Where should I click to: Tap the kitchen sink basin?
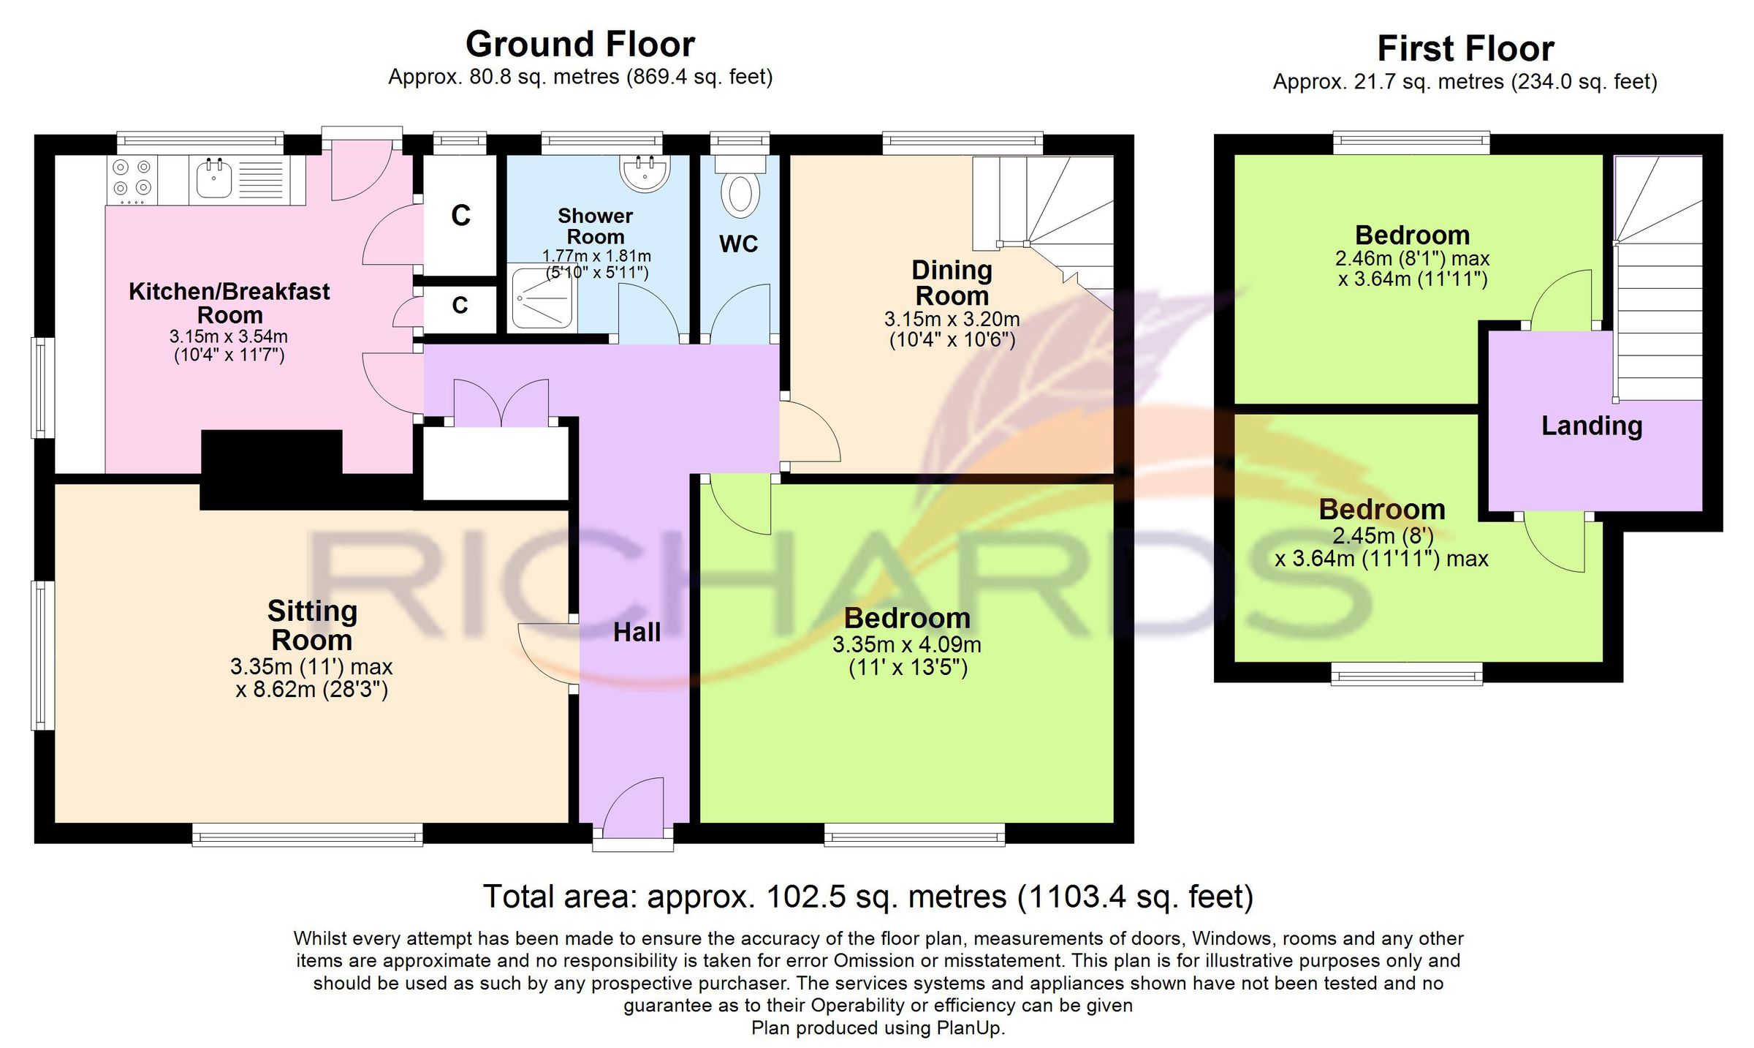214,178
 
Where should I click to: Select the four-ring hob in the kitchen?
132,180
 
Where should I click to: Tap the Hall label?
637,633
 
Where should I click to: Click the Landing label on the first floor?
1592,426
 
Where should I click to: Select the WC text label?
739,244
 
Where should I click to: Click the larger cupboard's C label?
460,216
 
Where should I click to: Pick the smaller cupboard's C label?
460,305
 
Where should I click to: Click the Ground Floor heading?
580,45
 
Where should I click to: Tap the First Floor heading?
1465,49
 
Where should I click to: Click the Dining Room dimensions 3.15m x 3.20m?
952,320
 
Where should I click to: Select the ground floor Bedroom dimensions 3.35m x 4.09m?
907,645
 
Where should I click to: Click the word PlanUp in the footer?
971,1028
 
